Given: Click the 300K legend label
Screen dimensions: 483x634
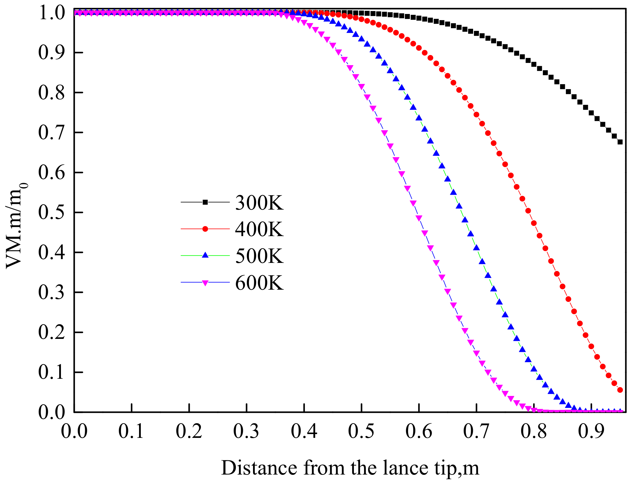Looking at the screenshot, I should click(259, 203).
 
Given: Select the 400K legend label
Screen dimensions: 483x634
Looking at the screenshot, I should click(259, 229).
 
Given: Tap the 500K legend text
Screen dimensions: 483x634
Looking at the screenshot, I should click(259, 256).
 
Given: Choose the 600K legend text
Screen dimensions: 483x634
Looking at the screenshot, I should click(259, 283).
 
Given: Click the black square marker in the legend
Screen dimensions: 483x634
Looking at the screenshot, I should click(205, 202).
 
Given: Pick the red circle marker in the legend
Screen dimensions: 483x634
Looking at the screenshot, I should click(205, 229).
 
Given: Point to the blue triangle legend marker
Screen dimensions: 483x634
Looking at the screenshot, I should click(205, 255).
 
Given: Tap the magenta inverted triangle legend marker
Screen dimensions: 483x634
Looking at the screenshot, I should click(205, 283).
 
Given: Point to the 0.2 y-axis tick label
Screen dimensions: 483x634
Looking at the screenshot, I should click(51, 332).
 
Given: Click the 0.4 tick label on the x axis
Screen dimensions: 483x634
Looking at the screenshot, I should click(304, 431).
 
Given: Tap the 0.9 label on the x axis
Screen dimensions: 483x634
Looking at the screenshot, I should click(591, 431).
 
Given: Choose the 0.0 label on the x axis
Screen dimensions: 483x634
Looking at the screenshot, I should click(74, 431).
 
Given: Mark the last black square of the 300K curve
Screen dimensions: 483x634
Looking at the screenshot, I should click(620, 142).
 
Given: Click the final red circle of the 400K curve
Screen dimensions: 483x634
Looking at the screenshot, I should click(620, 390).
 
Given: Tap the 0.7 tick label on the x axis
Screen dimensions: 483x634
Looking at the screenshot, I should click(476, 431).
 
